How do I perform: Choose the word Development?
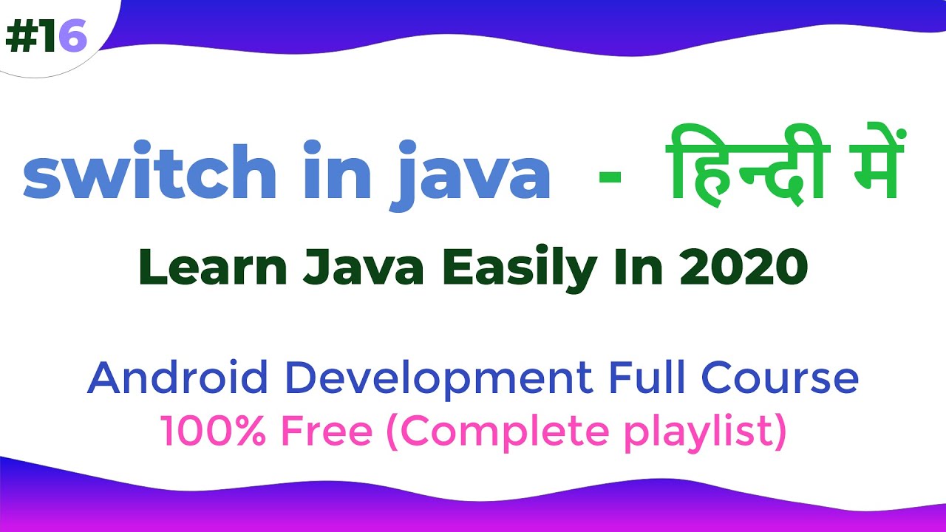tap(435, 379)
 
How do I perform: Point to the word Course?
tap(780, 378)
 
